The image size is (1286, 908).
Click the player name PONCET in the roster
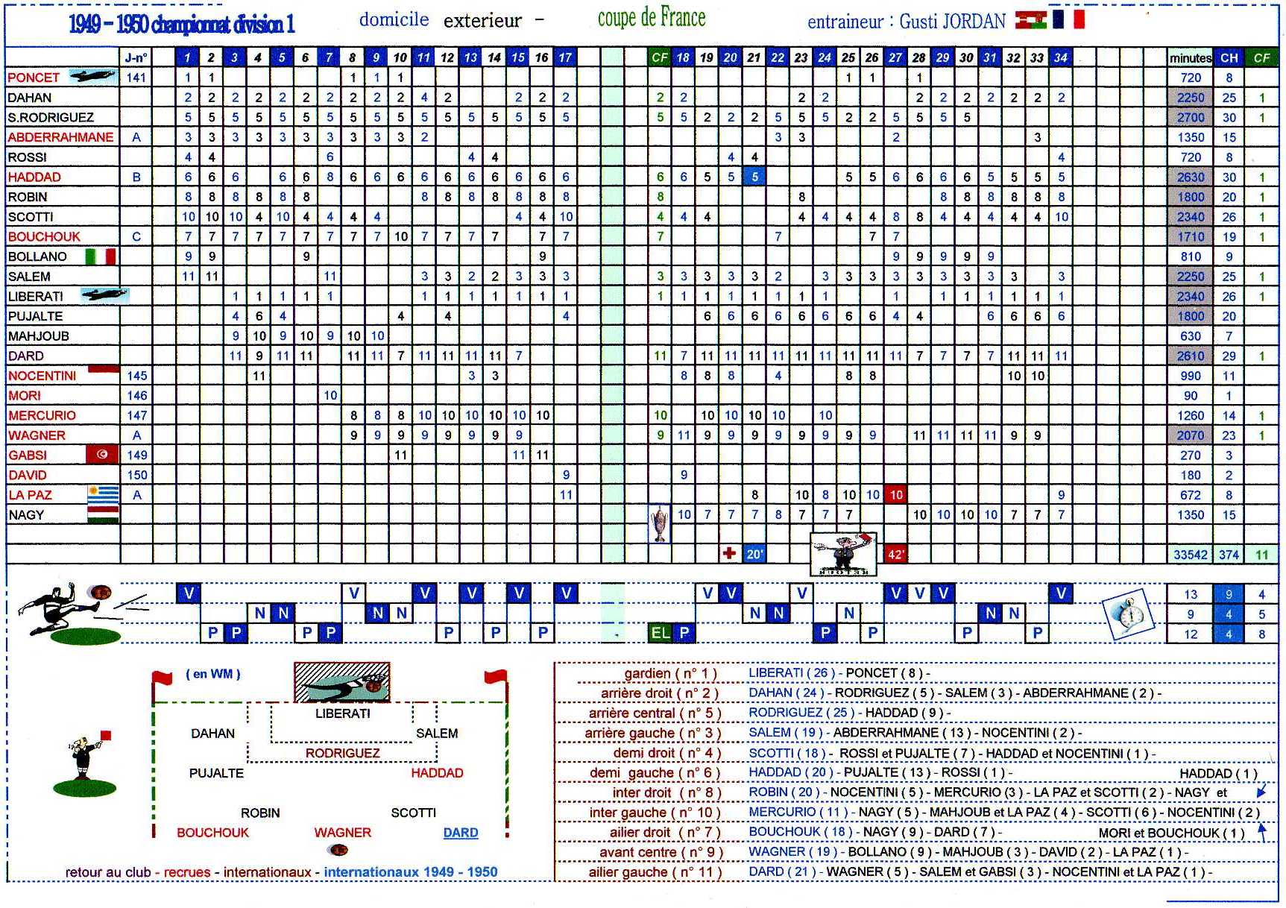pos(34,78)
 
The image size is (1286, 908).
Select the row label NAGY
pos(26,515)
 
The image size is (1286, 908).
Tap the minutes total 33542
pos(1190,555)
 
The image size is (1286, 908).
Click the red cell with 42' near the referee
pos(896,555)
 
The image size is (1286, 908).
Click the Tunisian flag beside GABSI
pos(102,455)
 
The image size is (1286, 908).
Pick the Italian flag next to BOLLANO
pos(101,256)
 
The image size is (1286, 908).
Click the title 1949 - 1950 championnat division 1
pos(182,25)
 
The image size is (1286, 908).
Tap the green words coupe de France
pos(652,19)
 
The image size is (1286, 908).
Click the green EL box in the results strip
pos(661,633)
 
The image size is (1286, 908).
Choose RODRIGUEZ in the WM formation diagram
pos(342,754)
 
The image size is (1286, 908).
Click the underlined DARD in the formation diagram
pos(461,833)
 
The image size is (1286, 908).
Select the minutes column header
pos(1190,57)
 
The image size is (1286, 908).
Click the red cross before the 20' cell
pos(729,554)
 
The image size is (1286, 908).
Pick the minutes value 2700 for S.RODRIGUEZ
pos(1191,117)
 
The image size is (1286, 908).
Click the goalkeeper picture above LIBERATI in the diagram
pos(341,682)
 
